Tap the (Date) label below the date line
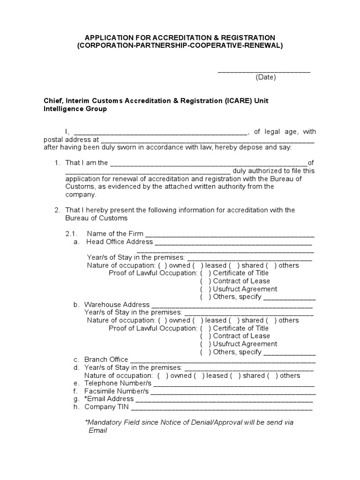pyautogui.click(x=266, y=77)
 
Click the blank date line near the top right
pyautogui.click(x=264, y=71)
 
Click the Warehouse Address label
pyautogui.click(x=117, y=305)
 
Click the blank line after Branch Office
pyautogui.click(x=222, y=360)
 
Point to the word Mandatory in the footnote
pyautogui.click(x=103, y=422)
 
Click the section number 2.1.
pyautogui.click(x=71, y=234)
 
